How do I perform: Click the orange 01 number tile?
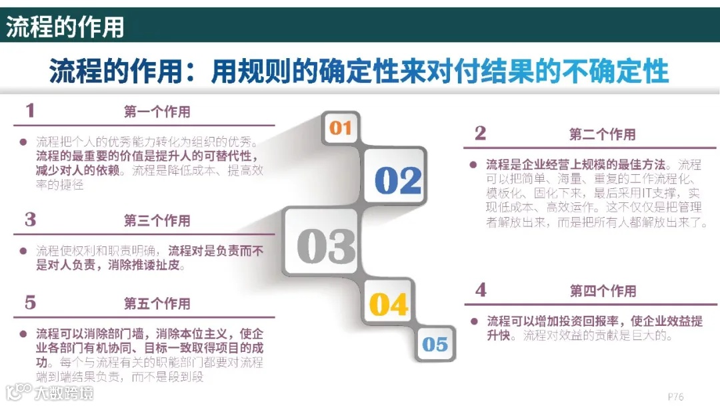click(340, 128)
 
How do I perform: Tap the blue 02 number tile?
click(398, 180)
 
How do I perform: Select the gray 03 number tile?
click(326, 246)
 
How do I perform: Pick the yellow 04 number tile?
click(389, 304)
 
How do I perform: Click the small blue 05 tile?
click(435, 344)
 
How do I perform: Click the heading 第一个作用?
click(157, 112)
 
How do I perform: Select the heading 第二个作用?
click(602, 134)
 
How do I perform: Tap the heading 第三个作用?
click(157, 220)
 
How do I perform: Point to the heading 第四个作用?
click(603, 290)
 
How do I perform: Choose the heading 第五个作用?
click(157, 303)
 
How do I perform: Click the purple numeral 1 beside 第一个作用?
click(29, 111)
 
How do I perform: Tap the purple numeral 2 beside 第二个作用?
click(480, 134)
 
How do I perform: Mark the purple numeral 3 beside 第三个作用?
click(30, 220)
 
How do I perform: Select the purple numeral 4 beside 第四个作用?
click(481, 290)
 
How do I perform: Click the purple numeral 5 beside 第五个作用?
click(30, 302)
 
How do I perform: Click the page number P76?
click(675, 396)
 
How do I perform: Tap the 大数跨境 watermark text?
click(65, 393)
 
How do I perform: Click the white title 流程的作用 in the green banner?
click(65, 27)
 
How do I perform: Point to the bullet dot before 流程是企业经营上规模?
click(473, 164)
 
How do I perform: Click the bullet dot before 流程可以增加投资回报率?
click(473, 321)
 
